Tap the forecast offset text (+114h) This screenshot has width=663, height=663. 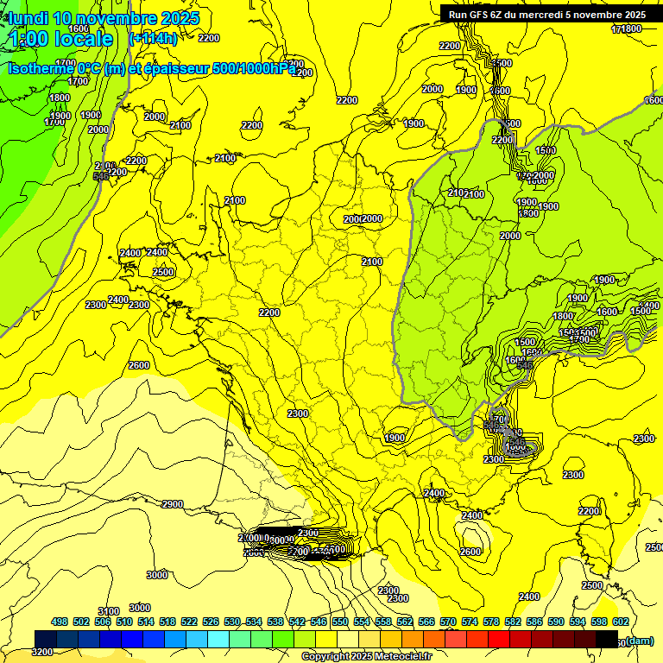tap(153, 38)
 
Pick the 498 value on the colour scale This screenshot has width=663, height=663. tap(60, 622)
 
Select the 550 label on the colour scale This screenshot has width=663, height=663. tap(340, 622)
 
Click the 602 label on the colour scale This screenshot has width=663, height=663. tap(621, 622)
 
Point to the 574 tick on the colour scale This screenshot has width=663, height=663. tap(470, 622)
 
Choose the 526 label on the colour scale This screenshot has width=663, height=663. tap(211, 622)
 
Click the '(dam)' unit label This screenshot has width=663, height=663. tap(640, 640)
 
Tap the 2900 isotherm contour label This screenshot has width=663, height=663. tap(173, 504)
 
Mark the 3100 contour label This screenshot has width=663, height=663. tap(109, 611)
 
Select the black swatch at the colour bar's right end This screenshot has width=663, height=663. tap(607, 639)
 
